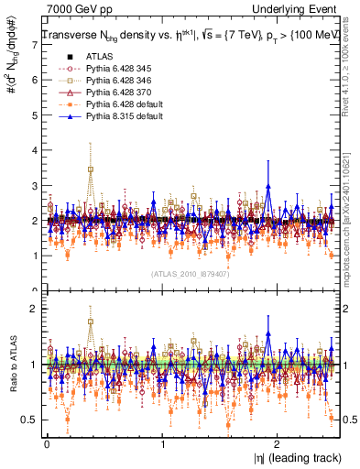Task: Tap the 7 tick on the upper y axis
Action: (x=36, y=46)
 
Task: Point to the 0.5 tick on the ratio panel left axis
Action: (x=30, y=419)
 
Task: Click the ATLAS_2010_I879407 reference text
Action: (x=191, y=273)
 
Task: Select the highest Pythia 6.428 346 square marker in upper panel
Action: (x=90, y=169)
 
